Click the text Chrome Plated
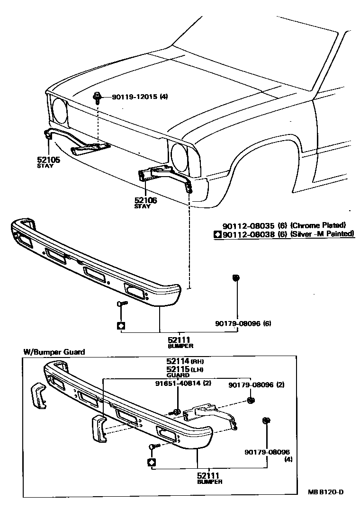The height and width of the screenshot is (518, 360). coord(318,225)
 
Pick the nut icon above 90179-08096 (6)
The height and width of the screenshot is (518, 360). coord(235,277)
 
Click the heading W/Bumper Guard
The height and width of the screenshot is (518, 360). coord(54,352)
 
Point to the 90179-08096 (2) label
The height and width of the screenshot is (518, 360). coord(256,385)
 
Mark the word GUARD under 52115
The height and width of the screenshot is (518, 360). coord(174,375)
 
